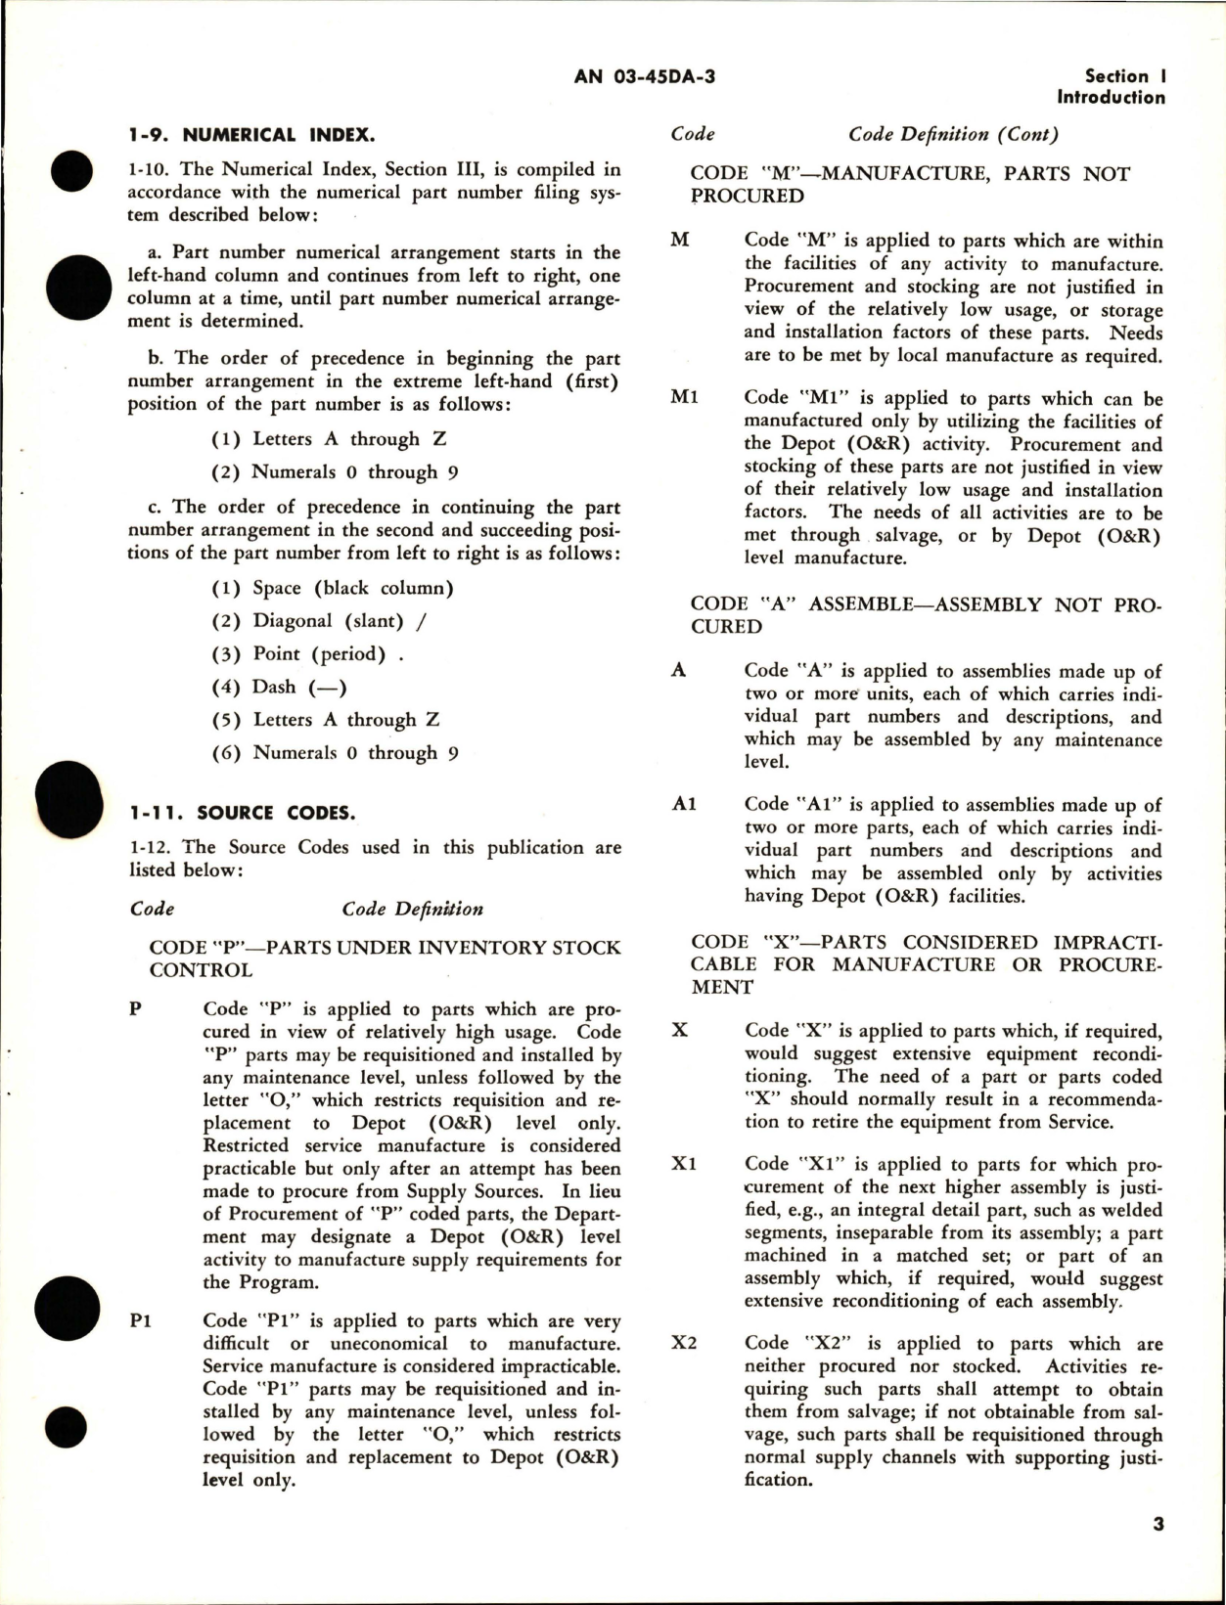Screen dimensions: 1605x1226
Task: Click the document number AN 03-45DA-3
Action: click(644, 76)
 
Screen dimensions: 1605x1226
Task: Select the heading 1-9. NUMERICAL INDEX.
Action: click(251, 135)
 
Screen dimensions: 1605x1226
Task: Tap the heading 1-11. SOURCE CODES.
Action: click(243, 813)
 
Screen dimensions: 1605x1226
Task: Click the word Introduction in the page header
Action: click(1111, 98)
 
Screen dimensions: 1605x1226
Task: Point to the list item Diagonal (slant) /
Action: click(319, 621)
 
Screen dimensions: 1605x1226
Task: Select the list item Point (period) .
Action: click(307, 654)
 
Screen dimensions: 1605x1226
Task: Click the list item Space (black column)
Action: click(333, 589)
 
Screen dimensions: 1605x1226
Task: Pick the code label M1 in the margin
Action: click(685, 398)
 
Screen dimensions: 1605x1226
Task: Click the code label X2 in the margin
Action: click(684, 1344)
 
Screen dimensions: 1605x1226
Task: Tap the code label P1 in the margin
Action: click(141, 1321)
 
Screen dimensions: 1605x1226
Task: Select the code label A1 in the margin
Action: click(685, 805)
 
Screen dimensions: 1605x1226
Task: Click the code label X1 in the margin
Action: click(684, 1164)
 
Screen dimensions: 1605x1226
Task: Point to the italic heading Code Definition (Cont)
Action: click(953, 135)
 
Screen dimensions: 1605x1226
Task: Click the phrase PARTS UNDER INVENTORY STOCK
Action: click(443, 948)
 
